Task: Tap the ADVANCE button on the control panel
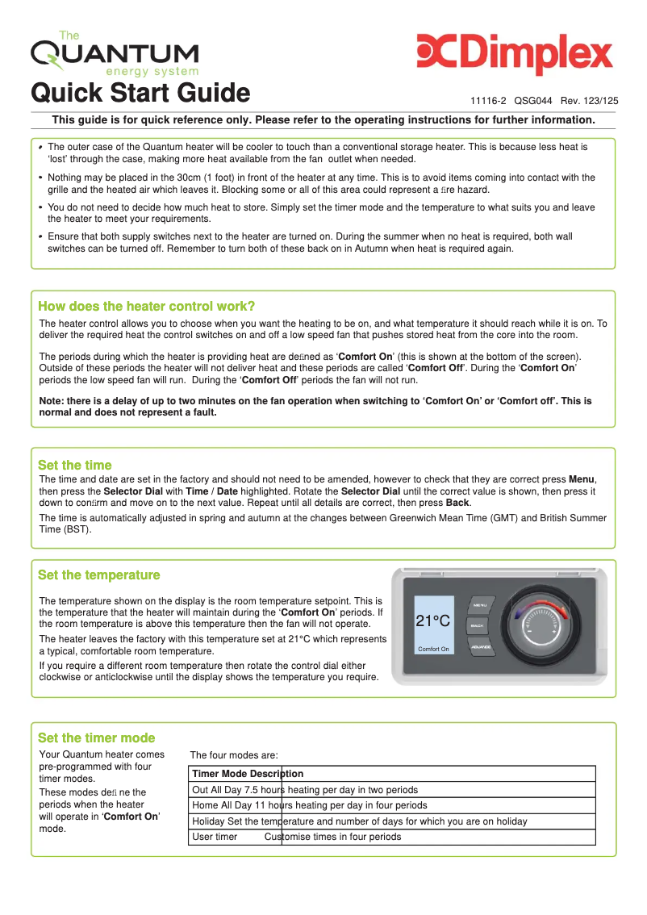(x=481, y=646)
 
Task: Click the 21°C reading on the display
(x=432, y=621)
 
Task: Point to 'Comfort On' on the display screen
(x=433, y=649)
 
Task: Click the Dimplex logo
(x=515, y=54)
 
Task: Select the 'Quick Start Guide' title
(x=140, y=93)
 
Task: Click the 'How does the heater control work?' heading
(x=147, y=306)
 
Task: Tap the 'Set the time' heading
(x=75, y=465)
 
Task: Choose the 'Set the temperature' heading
(x=99, y=574)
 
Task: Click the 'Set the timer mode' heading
(x=97, y=737)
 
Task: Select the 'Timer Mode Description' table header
(x=248, y=774)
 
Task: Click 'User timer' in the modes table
(x=215, y=837)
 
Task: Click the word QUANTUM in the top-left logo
(x=115, y=55)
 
